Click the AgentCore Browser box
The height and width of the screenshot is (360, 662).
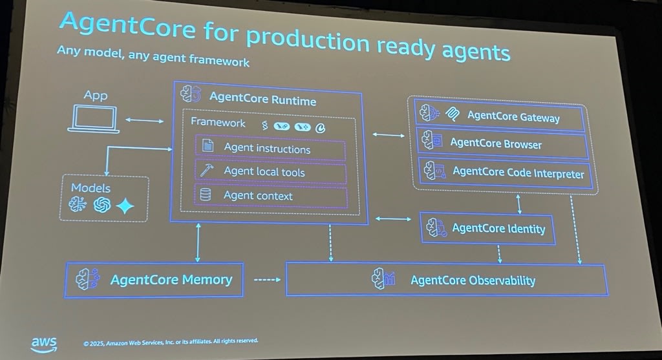click(502, 143)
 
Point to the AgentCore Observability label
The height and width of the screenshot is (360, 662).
click(473, 280)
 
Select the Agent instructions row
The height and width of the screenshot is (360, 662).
click(270, 149)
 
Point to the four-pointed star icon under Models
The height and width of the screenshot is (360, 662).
click(124, 206)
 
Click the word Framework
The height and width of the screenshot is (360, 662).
click(218, 123)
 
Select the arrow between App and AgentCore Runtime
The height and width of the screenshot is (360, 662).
click(145, 120)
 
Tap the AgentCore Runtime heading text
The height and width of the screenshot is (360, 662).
click(262, 100)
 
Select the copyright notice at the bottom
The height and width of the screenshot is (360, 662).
click(171, 341)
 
